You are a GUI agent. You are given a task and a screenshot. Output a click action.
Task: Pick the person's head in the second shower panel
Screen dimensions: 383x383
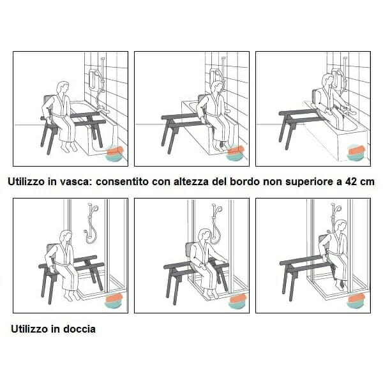[204, 234]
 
